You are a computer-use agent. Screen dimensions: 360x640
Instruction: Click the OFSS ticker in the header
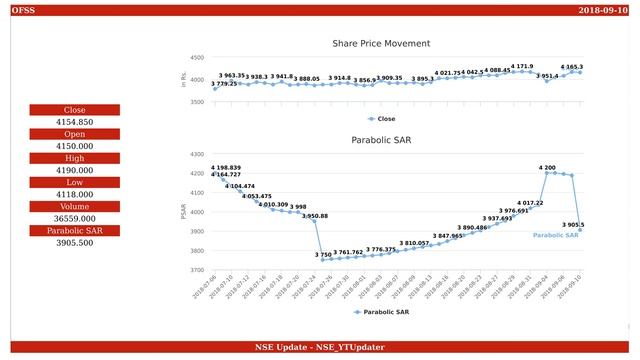[x=21, y=10]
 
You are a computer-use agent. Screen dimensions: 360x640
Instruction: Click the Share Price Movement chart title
[x=381, y=44]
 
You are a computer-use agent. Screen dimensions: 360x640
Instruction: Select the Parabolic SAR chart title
[x=381, y=140]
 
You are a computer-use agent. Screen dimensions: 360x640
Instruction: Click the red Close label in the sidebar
[x=75, y=110]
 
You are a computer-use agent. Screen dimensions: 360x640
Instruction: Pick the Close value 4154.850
[x=75, y=122]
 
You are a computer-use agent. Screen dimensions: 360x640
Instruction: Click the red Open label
[x=75, y=134]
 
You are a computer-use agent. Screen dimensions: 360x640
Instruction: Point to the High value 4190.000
[x=75, y=170]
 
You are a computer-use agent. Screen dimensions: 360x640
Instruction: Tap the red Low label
[x=75, y=182]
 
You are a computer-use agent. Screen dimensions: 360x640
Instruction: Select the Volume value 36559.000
[x=75, y=218]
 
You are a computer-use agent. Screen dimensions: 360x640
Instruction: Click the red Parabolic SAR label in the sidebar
[x=75, y=230]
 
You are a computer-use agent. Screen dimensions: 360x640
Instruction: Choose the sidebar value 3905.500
[x=75, y=243]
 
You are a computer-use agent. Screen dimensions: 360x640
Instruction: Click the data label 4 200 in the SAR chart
[x=547, y=167]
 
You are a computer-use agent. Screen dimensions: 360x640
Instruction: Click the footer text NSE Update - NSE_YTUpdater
[x=320, y=346]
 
